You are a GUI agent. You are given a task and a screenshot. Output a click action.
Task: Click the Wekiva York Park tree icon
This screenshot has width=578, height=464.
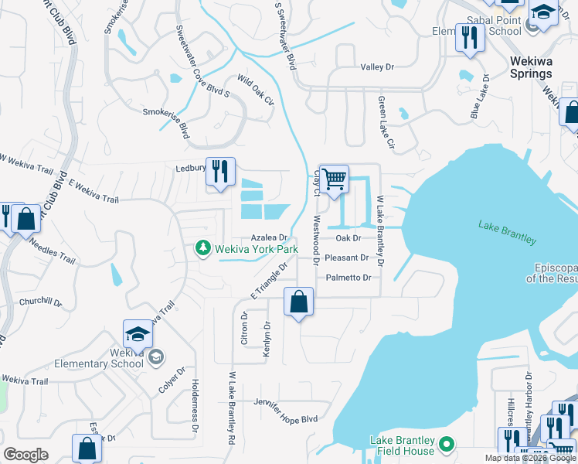pos(202,248)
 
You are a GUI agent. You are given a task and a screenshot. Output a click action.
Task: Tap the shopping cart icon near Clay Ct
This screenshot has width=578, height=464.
pos(334,179)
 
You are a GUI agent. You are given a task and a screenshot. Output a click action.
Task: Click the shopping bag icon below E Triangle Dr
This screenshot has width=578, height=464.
pos(298,302)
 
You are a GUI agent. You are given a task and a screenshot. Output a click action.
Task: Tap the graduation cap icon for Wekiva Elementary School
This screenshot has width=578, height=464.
pos(138,334)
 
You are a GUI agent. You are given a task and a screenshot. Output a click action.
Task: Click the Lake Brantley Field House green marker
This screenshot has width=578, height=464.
pos(446,445)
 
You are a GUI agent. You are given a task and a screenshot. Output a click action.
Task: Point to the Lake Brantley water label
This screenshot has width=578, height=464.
pos(507,232)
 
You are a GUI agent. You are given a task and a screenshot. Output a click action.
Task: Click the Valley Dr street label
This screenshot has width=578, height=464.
pos(377,67)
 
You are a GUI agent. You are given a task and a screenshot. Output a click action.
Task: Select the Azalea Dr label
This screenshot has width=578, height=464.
pos(269,238)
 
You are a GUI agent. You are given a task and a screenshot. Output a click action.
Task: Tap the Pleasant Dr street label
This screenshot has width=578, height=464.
pos(346,258)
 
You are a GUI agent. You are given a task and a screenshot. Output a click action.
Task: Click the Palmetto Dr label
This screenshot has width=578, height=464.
pos(348,278)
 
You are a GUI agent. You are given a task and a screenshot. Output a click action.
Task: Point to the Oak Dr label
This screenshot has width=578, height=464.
pos(348,238)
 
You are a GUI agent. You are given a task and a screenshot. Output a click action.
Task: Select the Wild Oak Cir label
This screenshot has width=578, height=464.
pos(256,90)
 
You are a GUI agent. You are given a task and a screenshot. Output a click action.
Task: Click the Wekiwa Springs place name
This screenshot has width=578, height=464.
pos(530,67)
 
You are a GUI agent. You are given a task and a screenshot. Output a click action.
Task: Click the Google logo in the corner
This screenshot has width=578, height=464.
pos(26,455)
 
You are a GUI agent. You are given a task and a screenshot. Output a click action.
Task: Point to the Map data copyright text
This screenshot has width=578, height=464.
pos(530,458)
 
